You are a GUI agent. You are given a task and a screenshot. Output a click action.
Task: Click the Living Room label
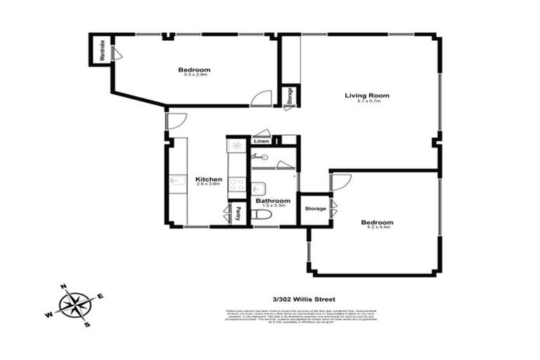[366, 95]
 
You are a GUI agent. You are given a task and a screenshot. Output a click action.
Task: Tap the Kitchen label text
[209, 179]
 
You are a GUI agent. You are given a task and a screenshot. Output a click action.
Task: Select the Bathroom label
[273, 200]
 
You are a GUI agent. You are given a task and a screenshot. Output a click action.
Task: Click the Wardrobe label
[103, 50]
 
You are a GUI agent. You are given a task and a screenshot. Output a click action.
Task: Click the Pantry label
[238, 214]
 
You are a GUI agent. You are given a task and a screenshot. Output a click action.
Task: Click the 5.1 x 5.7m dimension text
[367, 101]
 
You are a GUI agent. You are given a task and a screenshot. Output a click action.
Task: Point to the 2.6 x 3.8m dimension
[209, 185]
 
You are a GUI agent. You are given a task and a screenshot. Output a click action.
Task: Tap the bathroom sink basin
[259, 188]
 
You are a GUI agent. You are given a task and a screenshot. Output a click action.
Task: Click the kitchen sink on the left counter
[176, 181]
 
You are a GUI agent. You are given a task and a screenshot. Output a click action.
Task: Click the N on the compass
[63, 287]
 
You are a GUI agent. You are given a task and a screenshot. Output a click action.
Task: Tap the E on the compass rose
[100, 296]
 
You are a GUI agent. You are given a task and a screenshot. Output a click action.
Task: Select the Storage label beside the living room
[288, 97]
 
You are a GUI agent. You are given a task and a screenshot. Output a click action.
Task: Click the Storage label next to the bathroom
[315, 209]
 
